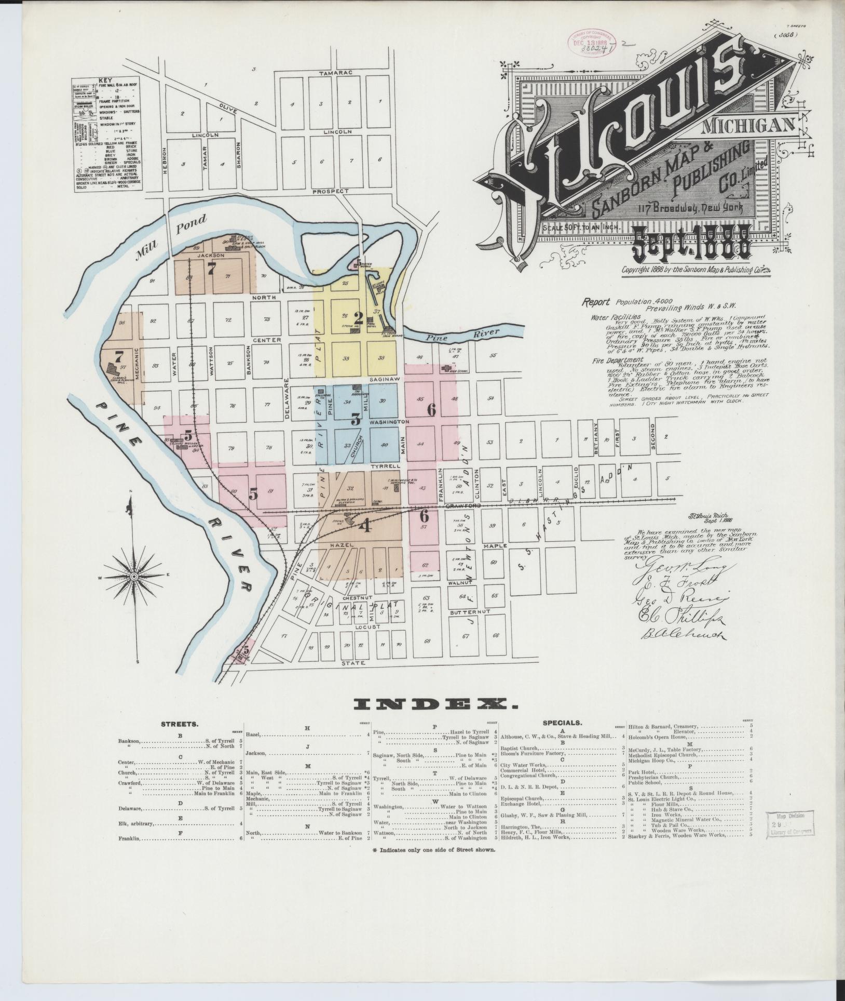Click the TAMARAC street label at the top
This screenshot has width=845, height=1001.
[336, 73]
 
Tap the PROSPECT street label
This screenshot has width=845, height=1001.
[331, 191]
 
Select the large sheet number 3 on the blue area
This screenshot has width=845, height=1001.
[356, 419]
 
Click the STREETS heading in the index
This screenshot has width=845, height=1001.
[178, 723]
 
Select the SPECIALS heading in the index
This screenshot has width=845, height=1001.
[562, 723]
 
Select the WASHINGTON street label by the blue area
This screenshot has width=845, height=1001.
[389, 422]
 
